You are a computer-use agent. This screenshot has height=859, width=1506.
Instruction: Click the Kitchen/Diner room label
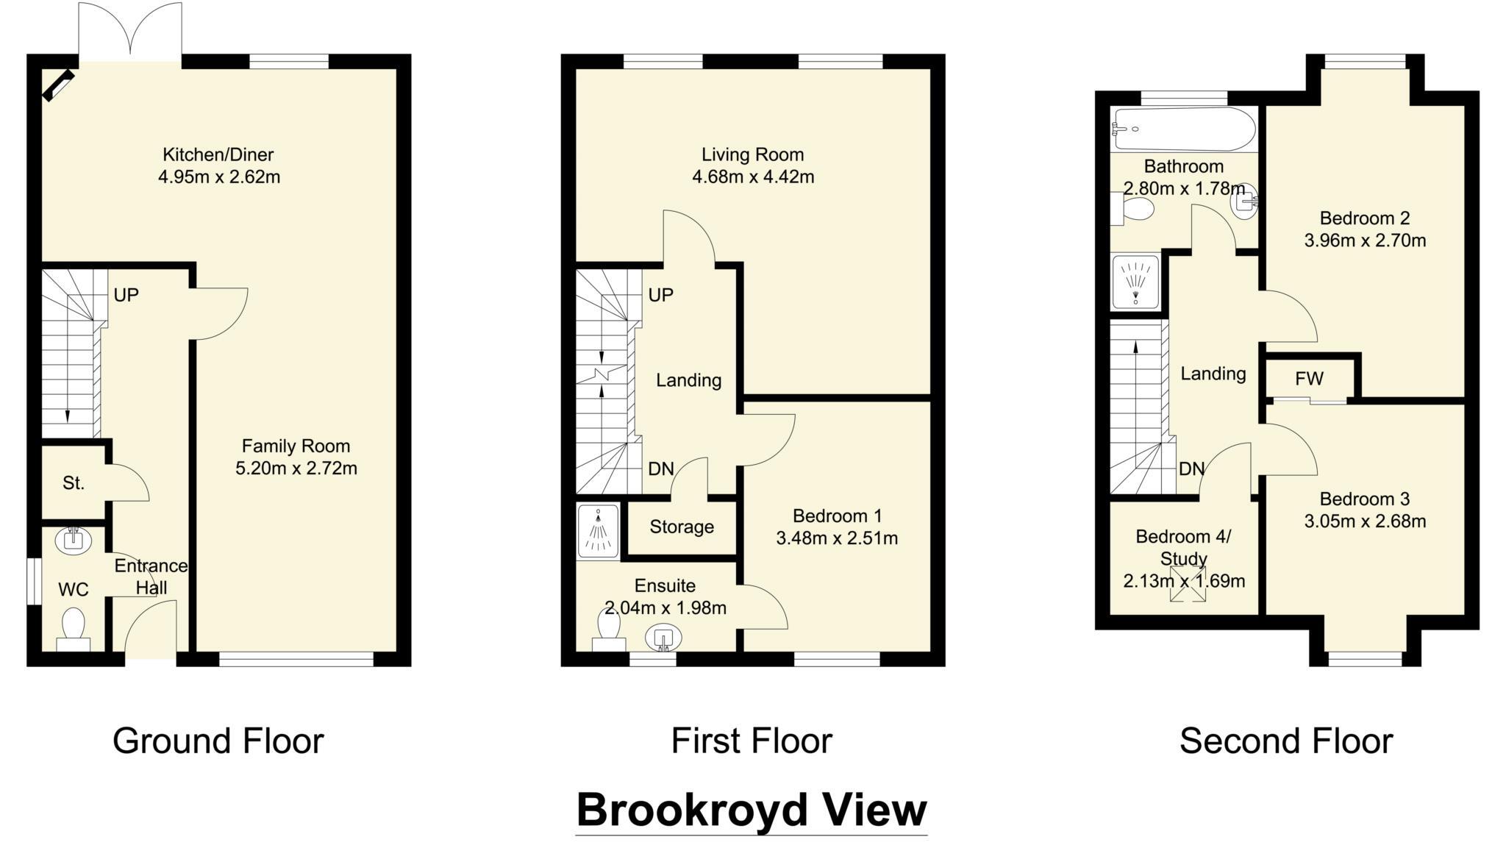click(x=218, y=154)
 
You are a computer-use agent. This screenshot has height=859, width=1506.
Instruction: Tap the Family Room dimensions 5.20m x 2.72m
click(x=296, y=468)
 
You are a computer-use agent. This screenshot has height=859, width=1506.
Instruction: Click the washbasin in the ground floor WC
click(x=74, y=540)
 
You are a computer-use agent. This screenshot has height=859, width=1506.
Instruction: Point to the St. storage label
click(x=74, y=483)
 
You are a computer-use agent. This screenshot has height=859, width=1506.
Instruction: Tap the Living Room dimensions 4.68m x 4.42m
click(x=752, y=177)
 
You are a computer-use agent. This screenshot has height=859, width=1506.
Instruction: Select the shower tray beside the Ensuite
click(x=599, y=530)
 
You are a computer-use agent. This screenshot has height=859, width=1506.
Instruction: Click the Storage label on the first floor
click(x=682, y=527)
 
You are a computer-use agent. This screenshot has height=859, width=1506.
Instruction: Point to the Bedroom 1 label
click(x=837, y=516)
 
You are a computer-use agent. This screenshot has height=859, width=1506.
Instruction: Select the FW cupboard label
click(x=1309, y=379)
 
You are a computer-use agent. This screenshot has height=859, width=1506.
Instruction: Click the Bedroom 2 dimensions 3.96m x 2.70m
click(x=1365, y=240)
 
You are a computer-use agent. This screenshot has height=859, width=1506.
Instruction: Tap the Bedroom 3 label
click(x=1364, y=499)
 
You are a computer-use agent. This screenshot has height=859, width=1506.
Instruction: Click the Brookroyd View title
click(x=751, y=810)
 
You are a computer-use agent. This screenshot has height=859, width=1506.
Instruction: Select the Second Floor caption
click(x=1285, y=741)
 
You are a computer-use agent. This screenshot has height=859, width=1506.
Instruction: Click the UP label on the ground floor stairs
click(x=126, y=295)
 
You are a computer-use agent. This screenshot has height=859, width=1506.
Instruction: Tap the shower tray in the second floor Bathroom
click(x=1135, y=281)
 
